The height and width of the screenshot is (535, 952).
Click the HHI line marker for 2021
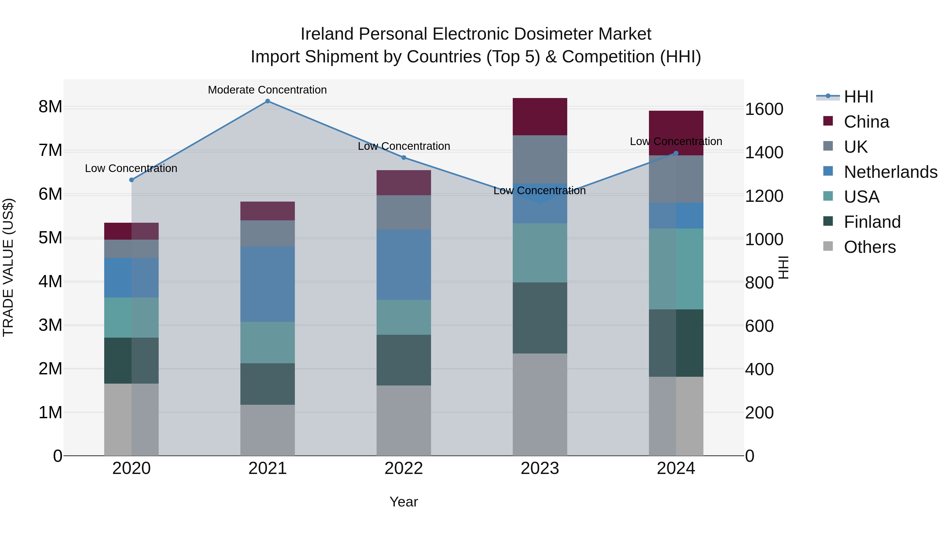pos(268,101)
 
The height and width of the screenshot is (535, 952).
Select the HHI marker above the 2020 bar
pos(132,180)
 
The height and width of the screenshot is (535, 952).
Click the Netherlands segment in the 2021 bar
pos(268,284)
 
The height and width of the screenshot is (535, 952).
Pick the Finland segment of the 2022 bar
pos(404,360)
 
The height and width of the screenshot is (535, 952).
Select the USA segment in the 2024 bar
pos(676,269)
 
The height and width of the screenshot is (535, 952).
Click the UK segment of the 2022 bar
pos(404,213)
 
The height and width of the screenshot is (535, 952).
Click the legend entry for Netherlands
pos(890,172)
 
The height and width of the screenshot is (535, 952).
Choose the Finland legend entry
pos(872,222)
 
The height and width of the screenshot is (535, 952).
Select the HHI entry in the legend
pos(858,97)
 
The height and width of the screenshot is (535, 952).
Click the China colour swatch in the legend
pos(828,121)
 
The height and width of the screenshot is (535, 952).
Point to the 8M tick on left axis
pos(50,107)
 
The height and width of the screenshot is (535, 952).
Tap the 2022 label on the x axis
pos(404,468)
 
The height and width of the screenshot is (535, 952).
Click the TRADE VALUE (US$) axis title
pos(8,267)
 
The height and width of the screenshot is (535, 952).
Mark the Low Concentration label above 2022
pos(404,146)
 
